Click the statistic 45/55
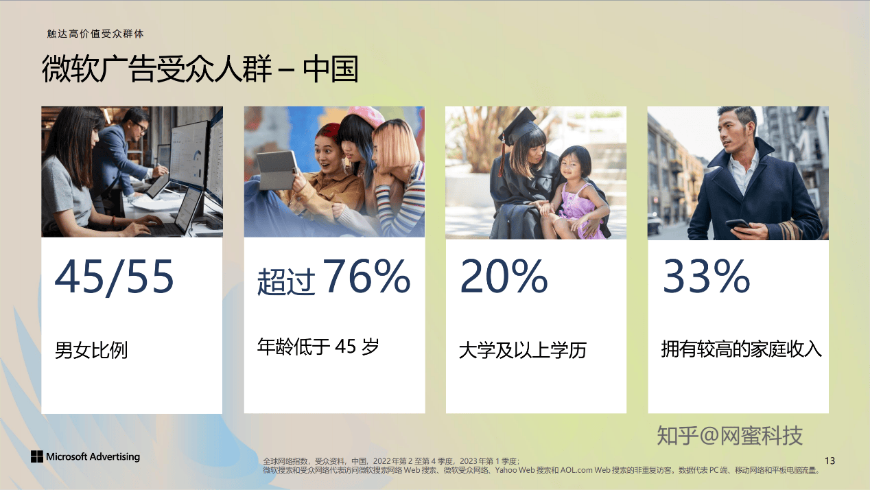point(114,277)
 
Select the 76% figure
point(366,275)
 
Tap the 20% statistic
point(504,275)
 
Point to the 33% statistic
point(706,275)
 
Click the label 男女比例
point(91,350)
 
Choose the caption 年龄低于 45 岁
point(318,347)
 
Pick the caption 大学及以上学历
point(523,350)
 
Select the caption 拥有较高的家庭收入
point(741,349)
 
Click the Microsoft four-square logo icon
point(37,456)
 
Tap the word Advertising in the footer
point(115,456)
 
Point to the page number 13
point(830,461)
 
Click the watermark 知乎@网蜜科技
point(730,436)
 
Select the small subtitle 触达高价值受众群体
point(95,34)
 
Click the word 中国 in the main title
point(330,69)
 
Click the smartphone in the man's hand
point(737,224)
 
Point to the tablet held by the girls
point(277,170)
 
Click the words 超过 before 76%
point(286,281)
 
